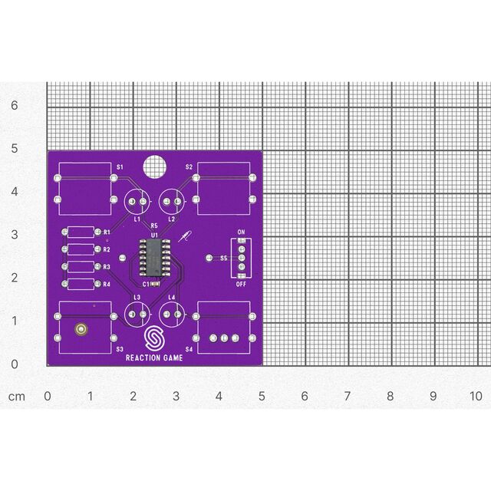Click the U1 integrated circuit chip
154,257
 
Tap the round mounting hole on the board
154,164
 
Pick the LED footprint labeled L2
173,202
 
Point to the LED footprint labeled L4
173,314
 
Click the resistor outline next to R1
80,232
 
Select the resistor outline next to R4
80,284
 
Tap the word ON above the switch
241,232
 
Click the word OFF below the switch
241,284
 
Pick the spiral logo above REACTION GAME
154,339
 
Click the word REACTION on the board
140,357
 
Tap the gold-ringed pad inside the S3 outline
81,331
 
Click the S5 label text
224,259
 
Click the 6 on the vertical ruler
13,106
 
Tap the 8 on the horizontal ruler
390,396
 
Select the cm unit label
17,396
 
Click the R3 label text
107,267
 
